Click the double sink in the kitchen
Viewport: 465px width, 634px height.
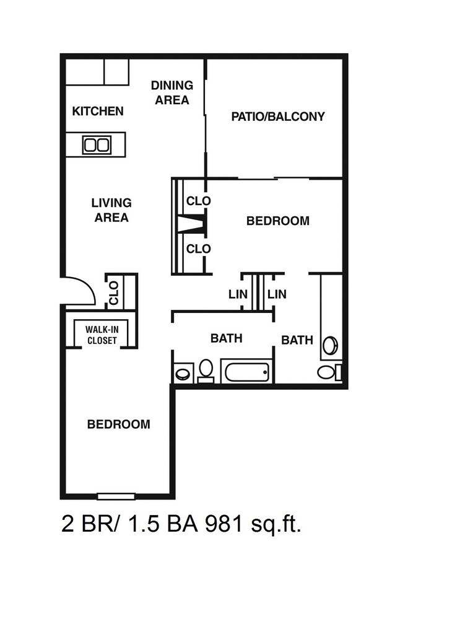tap(96, 145)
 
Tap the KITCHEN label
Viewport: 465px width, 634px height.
tap(98, 112)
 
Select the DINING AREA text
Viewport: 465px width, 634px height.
tap(172, 92)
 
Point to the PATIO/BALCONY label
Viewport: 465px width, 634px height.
tap(277, 117)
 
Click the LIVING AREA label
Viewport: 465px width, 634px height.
tap(111, 210)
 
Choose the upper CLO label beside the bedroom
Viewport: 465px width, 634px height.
tap(199, 201)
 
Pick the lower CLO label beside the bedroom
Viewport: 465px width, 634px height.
tap(199, 249)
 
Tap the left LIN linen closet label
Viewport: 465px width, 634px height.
tap(238, 294)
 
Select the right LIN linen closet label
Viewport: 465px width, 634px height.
tap(277, 294)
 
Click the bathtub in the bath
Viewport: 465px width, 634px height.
tap(247, 372)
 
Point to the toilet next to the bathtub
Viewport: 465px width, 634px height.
tap(206, 369)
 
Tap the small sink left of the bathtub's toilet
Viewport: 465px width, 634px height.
tap(183, 373)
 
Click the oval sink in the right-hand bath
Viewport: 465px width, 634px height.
tap(330, 345)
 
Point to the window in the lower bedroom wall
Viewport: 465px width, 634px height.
tap(116, 495)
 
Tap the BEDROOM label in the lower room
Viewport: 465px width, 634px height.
tap(118, 425)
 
